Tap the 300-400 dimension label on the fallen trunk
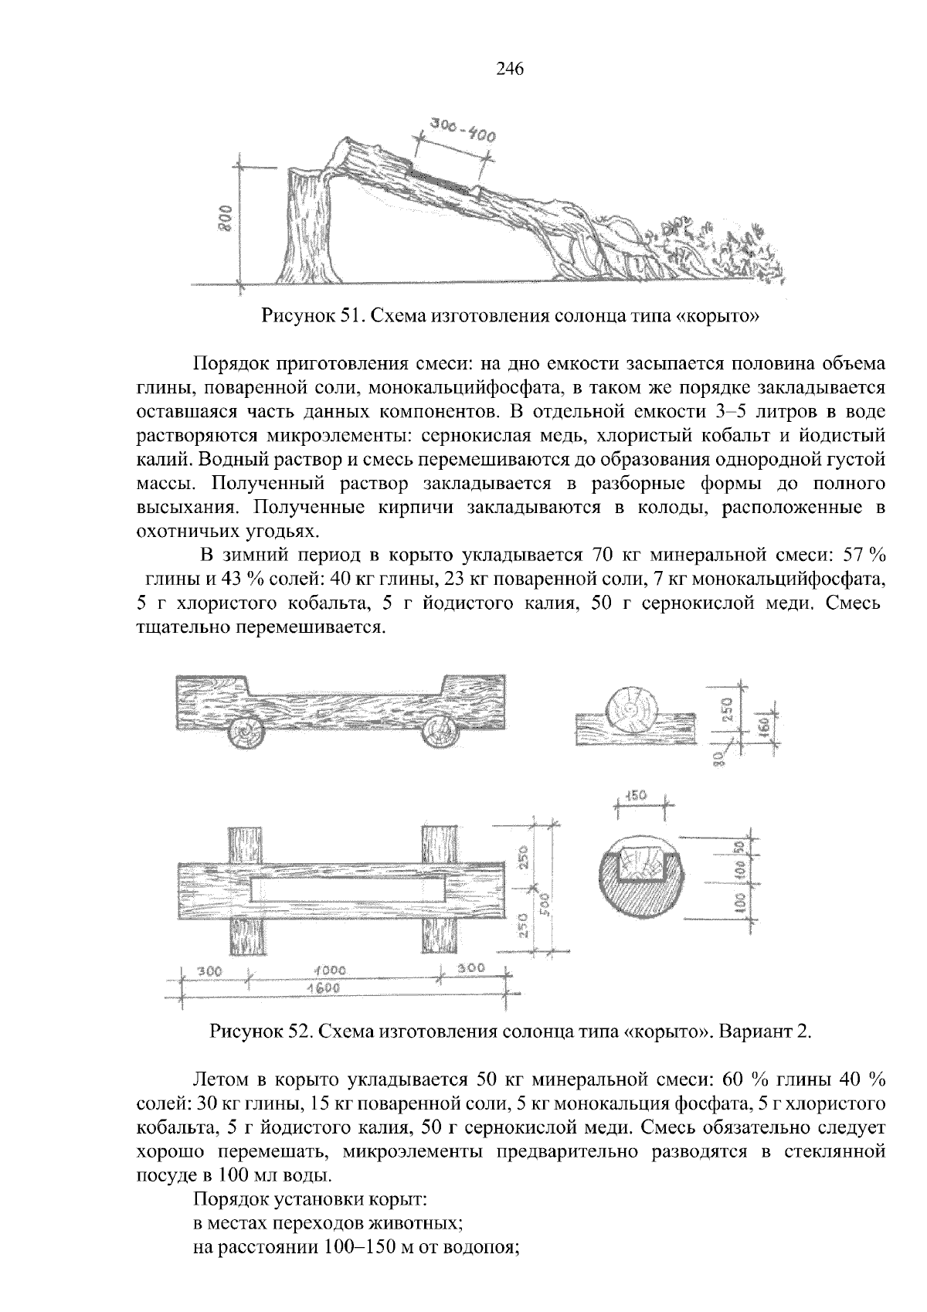(462, 131)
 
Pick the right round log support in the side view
(439, 729)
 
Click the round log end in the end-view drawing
(632, 709)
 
